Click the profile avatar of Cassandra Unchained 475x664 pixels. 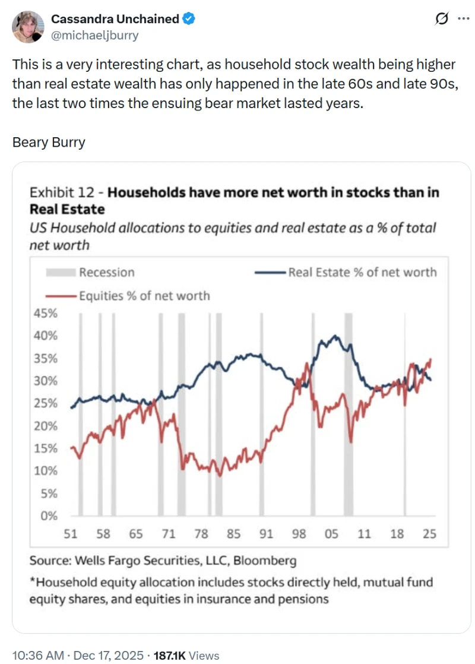pos(28,27)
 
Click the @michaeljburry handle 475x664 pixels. pos(95,35)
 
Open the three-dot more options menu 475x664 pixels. pos(463,19)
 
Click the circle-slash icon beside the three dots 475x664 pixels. pos(442,19)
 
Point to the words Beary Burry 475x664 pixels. pos(49,142)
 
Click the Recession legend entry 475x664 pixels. pos(106,273)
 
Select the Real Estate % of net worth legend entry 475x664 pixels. pos(362,273)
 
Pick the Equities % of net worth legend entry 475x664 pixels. pos(144,295)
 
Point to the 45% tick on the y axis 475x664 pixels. pos(45,313)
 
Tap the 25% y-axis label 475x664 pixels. pos(45,403)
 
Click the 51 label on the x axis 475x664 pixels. pos(70,534)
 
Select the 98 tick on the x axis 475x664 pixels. pos(299,534)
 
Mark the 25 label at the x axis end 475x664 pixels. pos(429,534)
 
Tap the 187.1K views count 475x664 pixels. pos(170,655)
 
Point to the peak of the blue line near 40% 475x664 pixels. pos(335,336)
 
